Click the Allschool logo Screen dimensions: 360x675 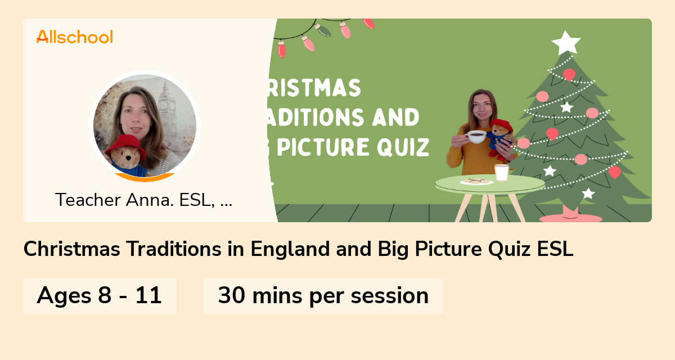[x=75, y=37]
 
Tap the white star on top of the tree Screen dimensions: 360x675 [x=565, y=42]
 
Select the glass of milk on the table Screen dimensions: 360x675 [x=501, y=172]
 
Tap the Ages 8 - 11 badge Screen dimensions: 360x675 [x=100, y=295]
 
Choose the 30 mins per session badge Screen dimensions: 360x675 [x=323, y=295]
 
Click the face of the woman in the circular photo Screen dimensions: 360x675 [x=134, y=112]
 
